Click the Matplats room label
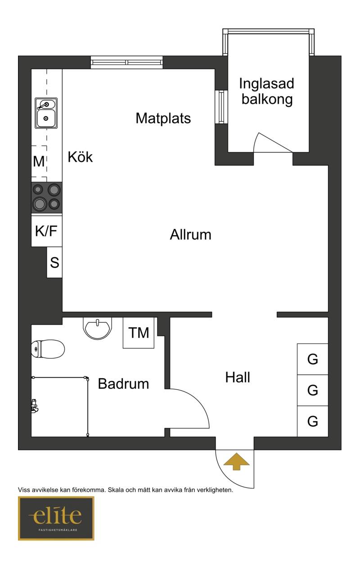coord(163,118)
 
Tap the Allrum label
coord(190,235)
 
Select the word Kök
coord(80,157)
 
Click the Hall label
coord(238,377)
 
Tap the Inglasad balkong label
coord(266,91)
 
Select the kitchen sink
coord(46,113)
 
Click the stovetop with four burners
coord(47,198)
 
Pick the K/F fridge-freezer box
coord(47,231)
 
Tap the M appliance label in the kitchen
coord(39,161)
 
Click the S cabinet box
coord(54,262)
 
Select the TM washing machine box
coord(138,333)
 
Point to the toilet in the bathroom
coord(48,349)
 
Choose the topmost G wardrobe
coord(312,359)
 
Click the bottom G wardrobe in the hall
coord(312,421)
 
